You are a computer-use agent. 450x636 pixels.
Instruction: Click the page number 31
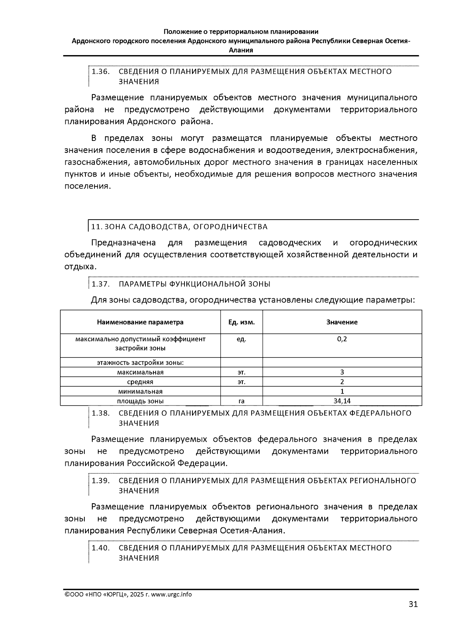tap(413, 604)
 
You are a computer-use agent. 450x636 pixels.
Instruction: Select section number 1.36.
tap(100, 72)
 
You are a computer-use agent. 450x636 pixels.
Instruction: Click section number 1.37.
tap(100, 284)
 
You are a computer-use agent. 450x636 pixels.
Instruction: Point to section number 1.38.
tap(100, 413)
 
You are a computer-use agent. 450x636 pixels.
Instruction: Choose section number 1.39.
tap(100, 480)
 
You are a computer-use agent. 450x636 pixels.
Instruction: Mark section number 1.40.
tap(100, 548)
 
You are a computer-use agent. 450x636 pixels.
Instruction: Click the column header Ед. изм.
tap(241, 322)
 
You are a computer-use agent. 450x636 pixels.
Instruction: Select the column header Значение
tap(342, 322)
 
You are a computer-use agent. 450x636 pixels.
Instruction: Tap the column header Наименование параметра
tap(140, 322)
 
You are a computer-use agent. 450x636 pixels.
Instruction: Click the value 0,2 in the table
tap(342, 339)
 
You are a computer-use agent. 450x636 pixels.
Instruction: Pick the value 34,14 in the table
tap(342, 401)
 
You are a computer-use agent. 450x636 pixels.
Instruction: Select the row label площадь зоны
tap(140, 401)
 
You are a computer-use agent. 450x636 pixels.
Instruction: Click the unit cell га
tap(241, 401)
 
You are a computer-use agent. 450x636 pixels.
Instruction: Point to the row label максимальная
tap(140, 372)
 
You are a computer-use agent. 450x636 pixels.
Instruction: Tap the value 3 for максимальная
tap(342, 372)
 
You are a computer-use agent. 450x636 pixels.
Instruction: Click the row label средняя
tap(140, 382)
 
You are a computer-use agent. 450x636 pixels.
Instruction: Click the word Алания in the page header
tap(241, 50)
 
